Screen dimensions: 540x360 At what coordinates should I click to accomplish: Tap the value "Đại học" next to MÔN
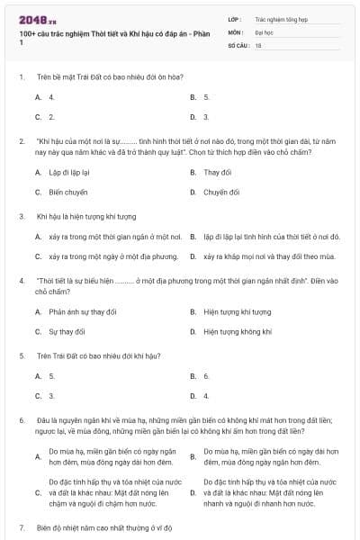(x=264, y=31)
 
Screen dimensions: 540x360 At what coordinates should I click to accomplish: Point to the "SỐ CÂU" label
(x=238, y=44)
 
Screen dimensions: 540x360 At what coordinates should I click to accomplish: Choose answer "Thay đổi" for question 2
(x=217, y=172)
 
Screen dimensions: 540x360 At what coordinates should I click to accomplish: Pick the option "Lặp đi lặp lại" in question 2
(x=68, y=172)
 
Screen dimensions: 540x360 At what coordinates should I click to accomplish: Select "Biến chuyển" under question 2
(x=67, y=192)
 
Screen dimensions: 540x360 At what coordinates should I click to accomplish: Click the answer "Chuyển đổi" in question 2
(x=220, y=192)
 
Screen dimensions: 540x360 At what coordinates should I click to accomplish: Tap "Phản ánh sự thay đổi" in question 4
(x=82, y=311)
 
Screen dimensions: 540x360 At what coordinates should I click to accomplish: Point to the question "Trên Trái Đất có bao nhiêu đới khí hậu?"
(x=99, y=355)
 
